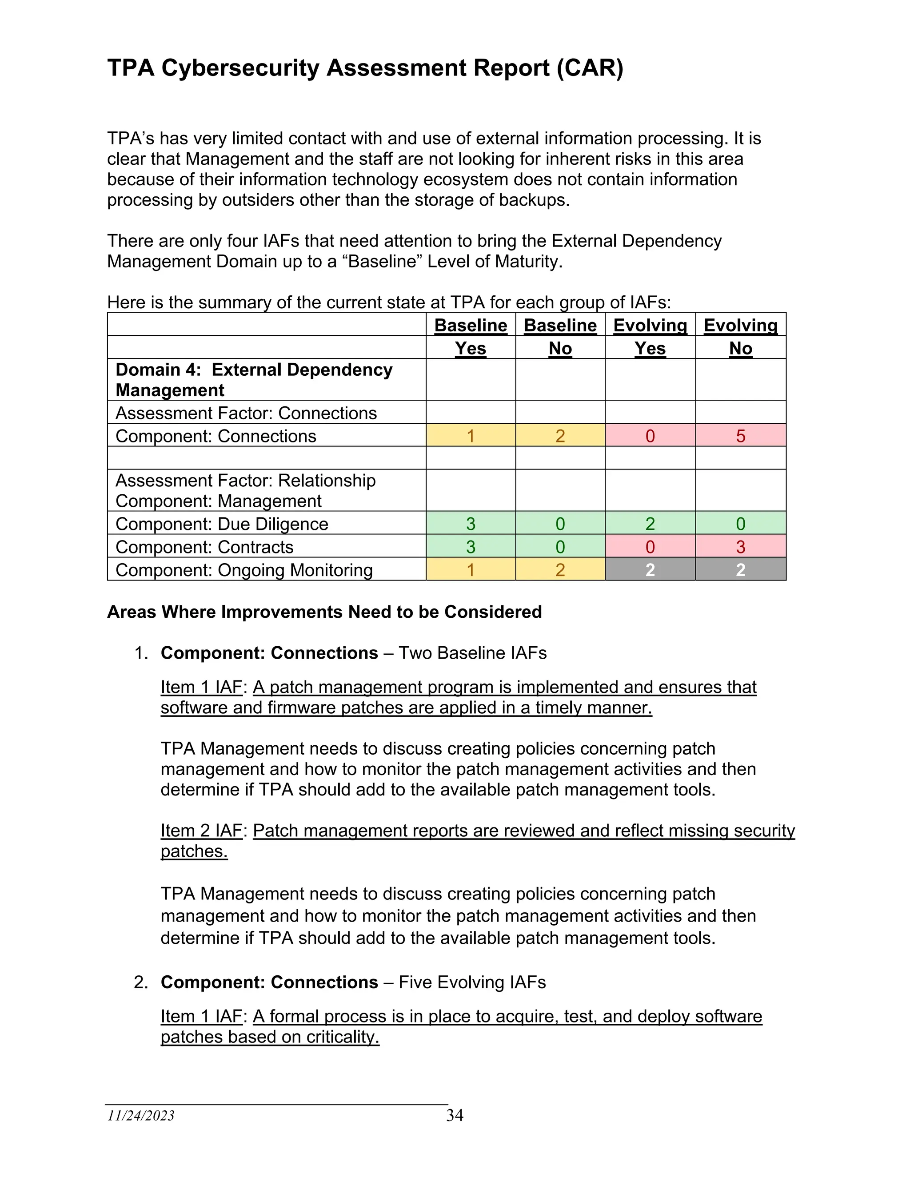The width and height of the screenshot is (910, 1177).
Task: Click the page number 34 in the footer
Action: [x=455, y=1115]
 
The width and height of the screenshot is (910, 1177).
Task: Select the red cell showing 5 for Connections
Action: [x=740, y=435]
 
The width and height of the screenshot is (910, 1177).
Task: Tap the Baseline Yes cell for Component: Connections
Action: [x=470, y=435]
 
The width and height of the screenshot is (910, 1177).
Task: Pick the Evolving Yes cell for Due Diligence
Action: [x=650, y=523]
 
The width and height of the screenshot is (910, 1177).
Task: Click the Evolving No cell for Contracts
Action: [x=740, y=546]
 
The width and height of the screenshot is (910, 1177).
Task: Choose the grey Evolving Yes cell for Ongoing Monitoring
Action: [x=650, y=570]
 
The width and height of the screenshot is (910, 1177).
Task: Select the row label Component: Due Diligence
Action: [x=222, y=524]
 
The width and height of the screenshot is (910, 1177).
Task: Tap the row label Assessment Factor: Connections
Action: [x=246, y=413]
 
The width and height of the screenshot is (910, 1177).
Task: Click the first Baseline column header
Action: [x=470, y=325]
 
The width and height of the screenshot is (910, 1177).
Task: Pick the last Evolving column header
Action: [x=740, y=325]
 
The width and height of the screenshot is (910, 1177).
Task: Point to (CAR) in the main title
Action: [x=590, y=68]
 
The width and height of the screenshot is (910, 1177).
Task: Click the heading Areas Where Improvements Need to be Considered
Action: [x=324, y=612]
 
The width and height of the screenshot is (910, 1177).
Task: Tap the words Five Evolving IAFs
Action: [x=472, y=982]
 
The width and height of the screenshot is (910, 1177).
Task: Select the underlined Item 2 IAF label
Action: [x=201, y=831]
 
